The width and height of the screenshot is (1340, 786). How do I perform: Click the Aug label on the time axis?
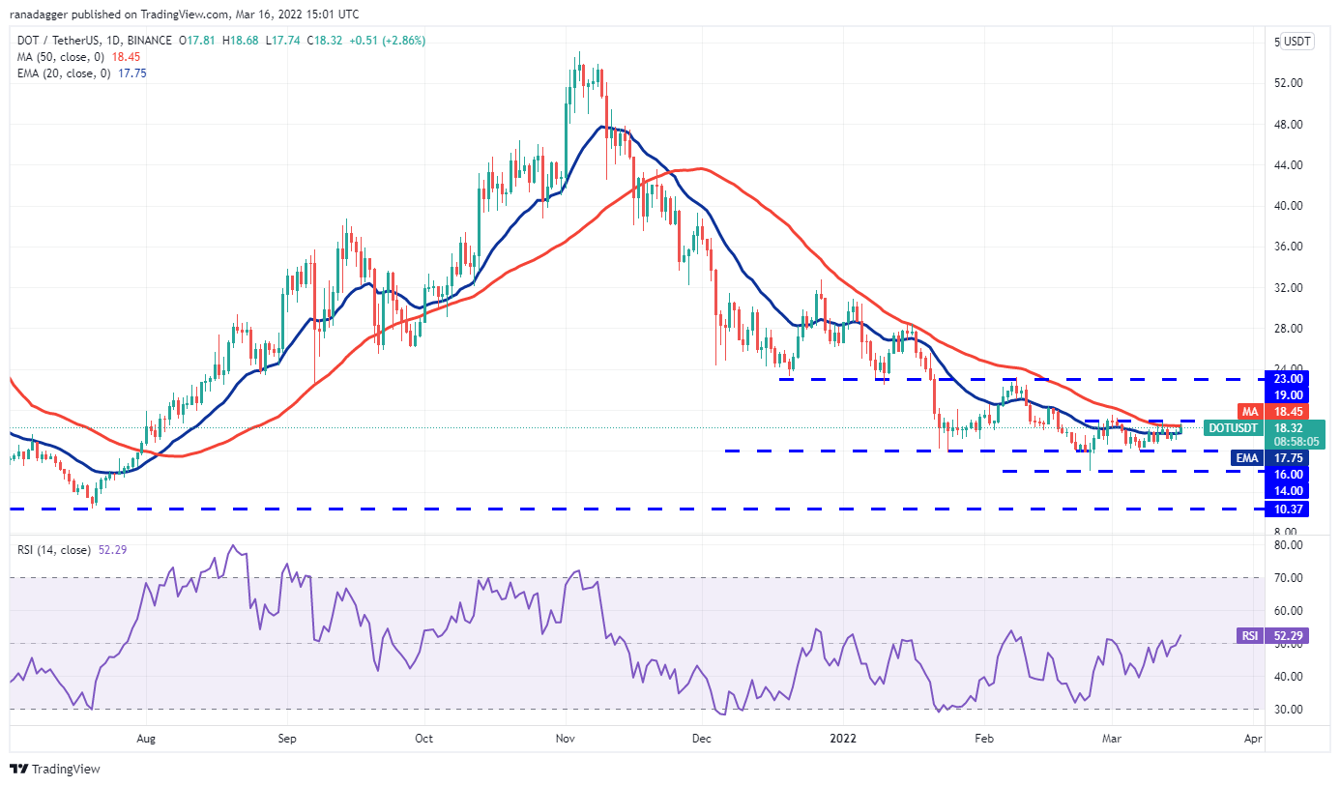tap(146, 739)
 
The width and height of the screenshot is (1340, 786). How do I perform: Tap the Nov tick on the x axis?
tap(566, 739)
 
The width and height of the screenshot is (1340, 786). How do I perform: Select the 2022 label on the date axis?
tap(844, 739)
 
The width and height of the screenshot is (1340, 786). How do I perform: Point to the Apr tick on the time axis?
tap(1253, 739)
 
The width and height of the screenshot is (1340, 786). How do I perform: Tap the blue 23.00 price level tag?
tap(1290, 379)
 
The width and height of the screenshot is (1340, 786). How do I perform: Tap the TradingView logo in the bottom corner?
tap(56, 770)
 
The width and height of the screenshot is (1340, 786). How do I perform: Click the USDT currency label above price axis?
tap(1297, 42)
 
